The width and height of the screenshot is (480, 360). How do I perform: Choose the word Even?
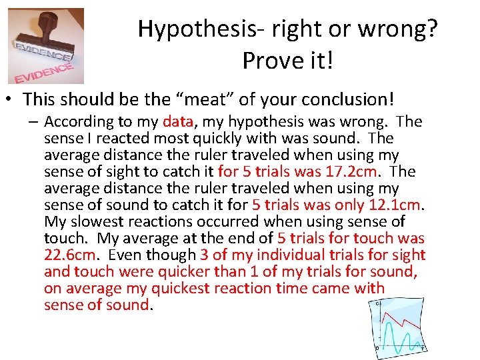coord(125,255)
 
